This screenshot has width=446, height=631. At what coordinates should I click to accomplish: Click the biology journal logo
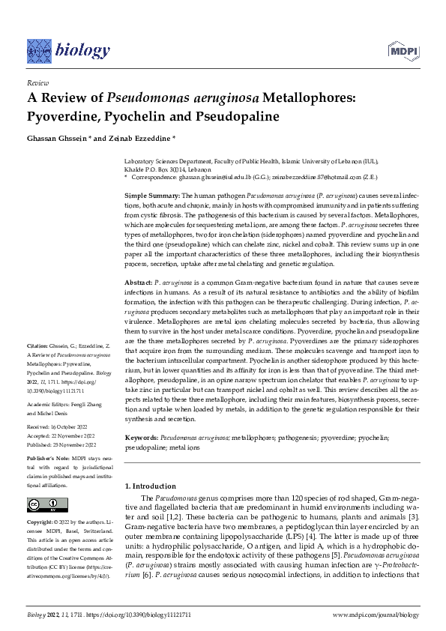point(68,50)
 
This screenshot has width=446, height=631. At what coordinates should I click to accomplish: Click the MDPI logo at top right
point(402,50)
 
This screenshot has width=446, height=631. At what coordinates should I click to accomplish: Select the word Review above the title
point(37,82)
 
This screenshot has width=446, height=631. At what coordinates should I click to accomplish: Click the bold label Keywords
point(142,436)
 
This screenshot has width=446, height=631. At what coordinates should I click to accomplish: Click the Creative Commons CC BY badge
point(46,504)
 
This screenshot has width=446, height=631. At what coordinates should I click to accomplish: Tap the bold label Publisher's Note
point(49,456)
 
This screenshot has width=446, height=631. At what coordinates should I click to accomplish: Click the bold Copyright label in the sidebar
point(42,521)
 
